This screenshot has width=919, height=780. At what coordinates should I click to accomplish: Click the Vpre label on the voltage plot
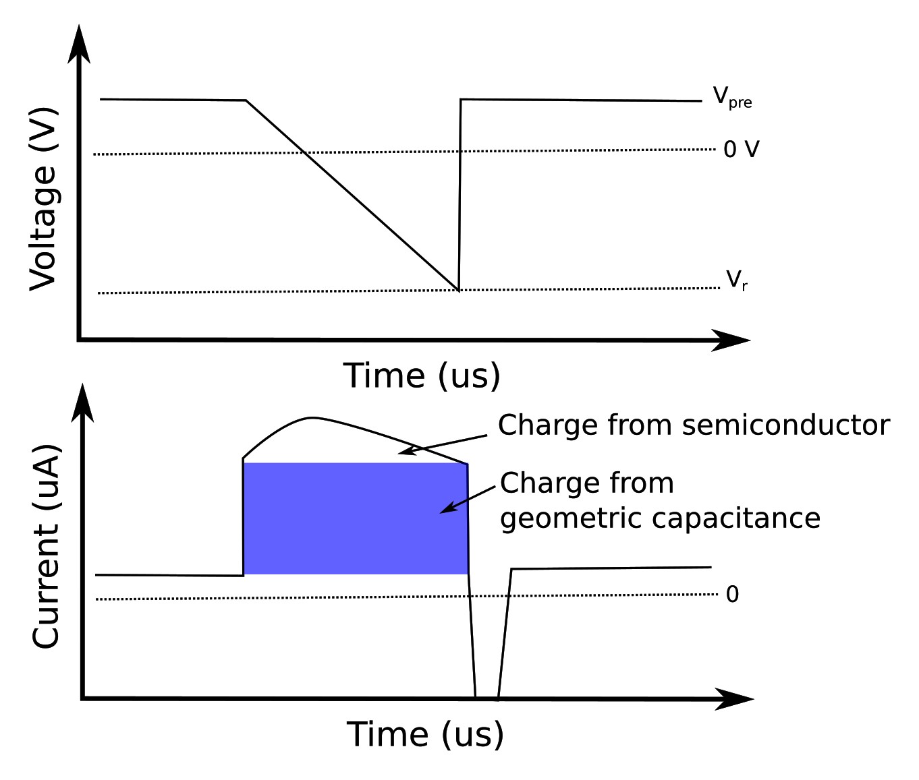[x=732, y=98]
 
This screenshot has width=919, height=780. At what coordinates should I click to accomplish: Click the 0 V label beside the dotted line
[x=741, y=149]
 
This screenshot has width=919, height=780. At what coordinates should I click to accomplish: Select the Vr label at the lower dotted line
[x=736, y=280]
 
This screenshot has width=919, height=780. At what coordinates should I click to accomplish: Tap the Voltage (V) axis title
[x=43, y=199]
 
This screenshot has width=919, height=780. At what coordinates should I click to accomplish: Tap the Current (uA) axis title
[x=46, y=546]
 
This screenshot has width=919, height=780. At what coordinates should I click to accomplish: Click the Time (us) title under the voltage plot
[x=422, y=376]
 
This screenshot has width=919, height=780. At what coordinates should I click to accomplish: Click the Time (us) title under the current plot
[x=425, y=734]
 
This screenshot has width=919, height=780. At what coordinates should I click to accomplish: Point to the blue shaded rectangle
[x=355, y=518]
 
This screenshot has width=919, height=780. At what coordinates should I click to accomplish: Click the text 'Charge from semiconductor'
[x=694, y=425]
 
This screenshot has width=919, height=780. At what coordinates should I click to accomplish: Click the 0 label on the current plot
[x=732, y=595]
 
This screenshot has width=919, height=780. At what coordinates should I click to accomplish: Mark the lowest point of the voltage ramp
[x=459, y=291]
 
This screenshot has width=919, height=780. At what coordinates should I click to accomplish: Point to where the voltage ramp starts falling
[x=246, y=101]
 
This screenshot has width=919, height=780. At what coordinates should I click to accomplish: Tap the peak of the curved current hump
[x=310, y=418]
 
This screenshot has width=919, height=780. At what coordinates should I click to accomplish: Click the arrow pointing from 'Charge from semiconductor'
[x=442, y=444]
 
